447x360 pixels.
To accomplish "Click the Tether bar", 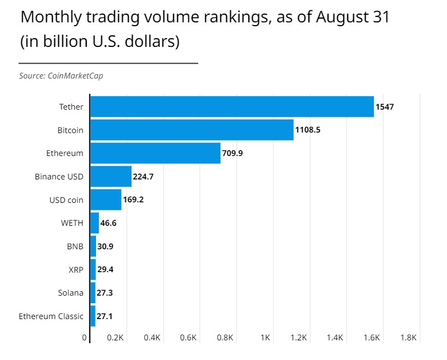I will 232,107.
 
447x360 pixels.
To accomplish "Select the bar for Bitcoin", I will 192,130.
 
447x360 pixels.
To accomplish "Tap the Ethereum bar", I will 155,153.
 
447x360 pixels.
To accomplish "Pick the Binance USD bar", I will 111,176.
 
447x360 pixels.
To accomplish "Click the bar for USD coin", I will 106,200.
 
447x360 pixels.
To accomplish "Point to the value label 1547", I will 384,107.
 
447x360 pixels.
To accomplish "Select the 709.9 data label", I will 233,153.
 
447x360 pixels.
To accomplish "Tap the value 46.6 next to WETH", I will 109,223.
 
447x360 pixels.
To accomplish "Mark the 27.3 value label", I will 105,293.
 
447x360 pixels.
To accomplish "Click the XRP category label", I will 75,269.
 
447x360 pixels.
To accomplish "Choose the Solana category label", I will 70,293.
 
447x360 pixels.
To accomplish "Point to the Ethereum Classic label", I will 51,316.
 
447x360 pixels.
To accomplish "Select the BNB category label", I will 75,246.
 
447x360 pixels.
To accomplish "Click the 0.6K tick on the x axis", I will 188,338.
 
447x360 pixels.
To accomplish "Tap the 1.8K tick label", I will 408,338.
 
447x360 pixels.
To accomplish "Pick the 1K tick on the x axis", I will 266,338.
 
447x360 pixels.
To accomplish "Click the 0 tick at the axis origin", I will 85,338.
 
